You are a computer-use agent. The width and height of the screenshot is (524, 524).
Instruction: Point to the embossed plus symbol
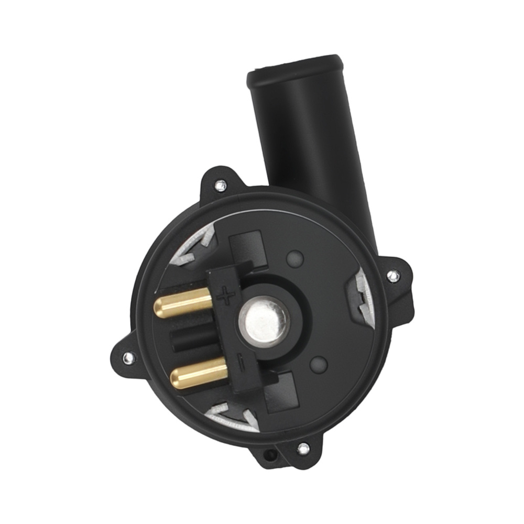226,297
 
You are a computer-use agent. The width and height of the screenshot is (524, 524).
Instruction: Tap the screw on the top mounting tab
221,184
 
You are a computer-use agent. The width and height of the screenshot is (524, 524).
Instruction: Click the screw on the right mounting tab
392,275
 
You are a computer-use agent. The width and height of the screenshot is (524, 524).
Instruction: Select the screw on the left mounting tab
127,358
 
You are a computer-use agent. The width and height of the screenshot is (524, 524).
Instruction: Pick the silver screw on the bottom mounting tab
302,449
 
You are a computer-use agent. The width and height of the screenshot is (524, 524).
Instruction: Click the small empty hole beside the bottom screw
271,454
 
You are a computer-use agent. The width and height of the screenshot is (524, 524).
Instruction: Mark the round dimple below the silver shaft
319,364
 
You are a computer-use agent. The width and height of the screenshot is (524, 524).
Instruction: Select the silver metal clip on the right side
363,296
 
